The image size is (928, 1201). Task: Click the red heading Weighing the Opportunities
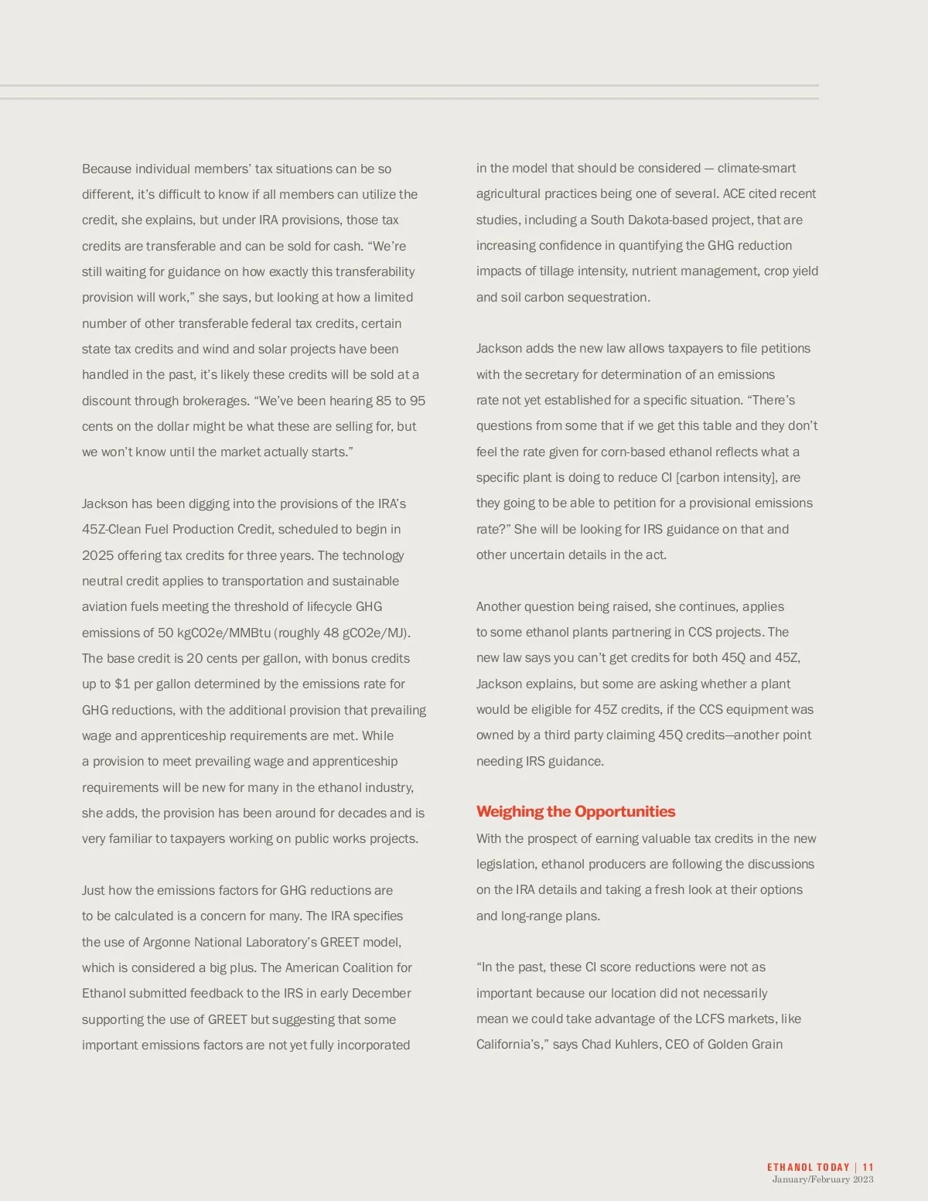[575, 811]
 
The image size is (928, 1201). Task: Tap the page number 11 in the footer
[868, 1167]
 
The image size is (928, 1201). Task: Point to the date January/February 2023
[823, 1179]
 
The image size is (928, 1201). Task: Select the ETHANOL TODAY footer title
[808, 1167]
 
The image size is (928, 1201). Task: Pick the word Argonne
[166, 942]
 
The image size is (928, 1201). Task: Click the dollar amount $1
[122, 684]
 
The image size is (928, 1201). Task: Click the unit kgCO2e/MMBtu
[223, 633]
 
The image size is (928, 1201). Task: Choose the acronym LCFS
[713, 1018]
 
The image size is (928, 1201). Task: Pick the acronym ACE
[734, 193]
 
